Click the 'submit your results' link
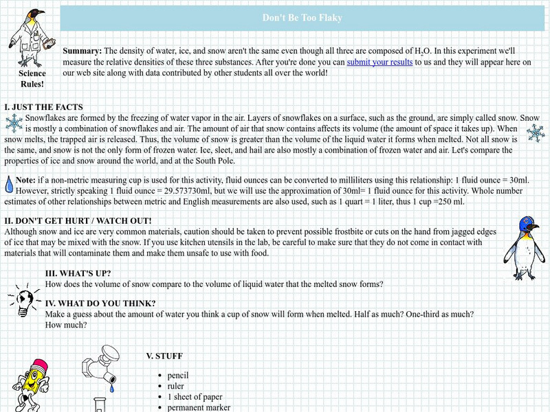tap(379, 62)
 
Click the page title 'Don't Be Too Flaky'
tap(302, 18)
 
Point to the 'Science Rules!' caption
tap(32, 78)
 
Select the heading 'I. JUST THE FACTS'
tap(43, 107)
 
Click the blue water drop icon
tap(8, 184)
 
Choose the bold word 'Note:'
tap(25, 179)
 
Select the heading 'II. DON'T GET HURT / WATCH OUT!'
tap(78, 220)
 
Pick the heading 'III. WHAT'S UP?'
tap(78, 273)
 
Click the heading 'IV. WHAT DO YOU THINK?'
tap(100, 304)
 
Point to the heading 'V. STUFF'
tap(164, 356)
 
